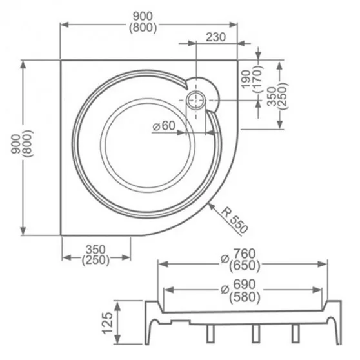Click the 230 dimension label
[x=215, y=37]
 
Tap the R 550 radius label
[x=234, y=221]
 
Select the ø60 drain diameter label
[x=164, y=126]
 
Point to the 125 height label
[x=108, y=323]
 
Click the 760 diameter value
[x=244, y=254]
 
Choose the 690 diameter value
[x=245, y=285]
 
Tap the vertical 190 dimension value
[x=246, y=79]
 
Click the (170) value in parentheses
[x=257, y=79]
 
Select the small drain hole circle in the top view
[x=196, y=101]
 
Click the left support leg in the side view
[x=210, y=334]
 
